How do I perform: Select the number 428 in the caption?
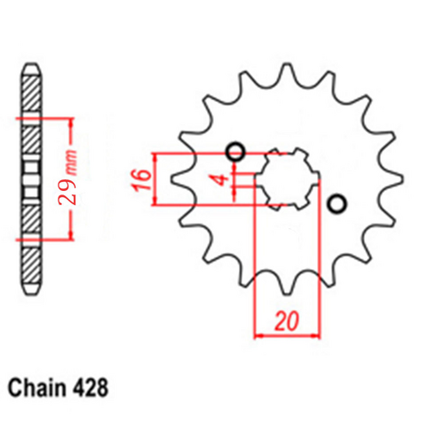pos(93,389)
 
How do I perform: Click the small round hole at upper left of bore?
pos(236,152)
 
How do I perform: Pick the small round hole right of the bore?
pos(336,205)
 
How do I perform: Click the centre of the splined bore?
pos(286,178)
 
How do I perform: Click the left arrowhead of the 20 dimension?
pos(260,337)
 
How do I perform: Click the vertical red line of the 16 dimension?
pos(156,179)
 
